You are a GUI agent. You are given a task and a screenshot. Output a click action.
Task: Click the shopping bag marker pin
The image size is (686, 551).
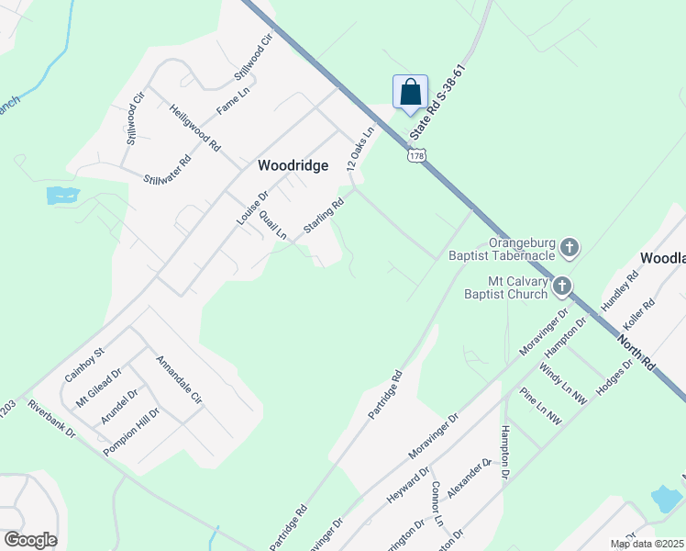tap(410, 93)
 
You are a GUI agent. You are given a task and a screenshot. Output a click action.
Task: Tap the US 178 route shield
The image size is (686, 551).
tap(417, 156)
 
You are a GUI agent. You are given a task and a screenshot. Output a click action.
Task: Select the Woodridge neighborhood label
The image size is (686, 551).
tap(293, 165)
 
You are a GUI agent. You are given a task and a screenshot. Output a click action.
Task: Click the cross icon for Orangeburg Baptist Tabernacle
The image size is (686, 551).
tap(570, 246)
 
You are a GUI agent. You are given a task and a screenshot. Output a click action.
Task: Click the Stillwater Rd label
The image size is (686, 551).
tap(167, 171)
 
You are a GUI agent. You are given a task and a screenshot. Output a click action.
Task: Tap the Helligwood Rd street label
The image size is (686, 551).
tap(195, 128)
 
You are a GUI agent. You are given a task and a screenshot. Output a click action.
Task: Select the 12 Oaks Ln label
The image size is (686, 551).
tap(361, 149)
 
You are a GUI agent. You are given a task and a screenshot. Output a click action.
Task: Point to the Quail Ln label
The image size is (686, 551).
tap(272, 225)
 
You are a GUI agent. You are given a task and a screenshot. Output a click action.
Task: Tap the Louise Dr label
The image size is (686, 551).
tap(251, 210)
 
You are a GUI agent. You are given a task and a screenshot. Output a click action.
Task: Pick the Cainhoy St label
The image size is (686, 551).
tap(85, 364)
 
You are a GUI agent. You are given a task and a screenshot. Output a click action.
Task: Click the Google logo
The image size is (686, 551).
tap(30, 540)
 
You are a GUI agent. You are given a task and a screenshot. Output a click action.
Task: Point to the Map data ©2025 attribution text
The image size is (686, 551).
tap(646, 544)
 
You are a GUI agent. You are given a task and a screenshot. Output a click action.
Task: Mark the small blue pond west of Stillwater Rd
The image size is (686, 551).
tap(61, 195)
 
